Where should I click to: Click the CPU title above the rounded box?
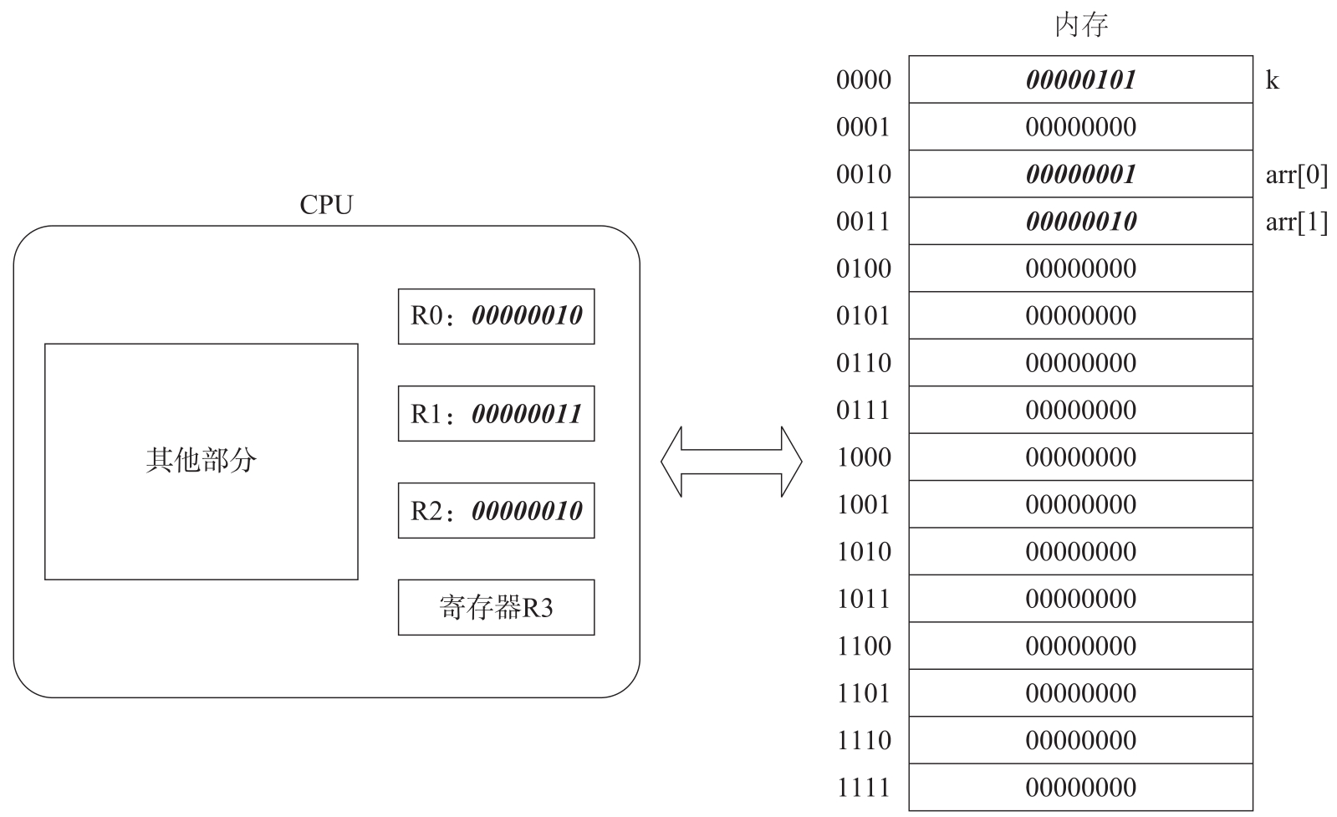[x=326, y=205]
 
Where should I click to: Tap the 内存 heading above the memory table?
[x=1081, y=25]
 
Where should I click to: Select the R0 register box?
[x=496, y=316]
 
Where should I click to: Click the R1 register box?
[x=496, y=414]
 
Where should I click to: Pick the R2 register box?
[x=496, y=510]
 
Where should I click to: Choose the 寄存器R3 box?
[x=496, y=608]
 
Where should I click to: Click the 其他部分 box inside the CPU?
[x=202, y=462]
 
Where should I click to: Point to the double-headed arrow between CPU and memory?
[x=731, y=462]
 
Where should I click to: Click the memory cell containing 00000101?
[x=1080, y=79]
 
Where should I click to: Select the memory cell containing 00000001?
[x=1080, y=174]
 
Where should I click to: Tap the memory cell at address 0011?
[x=1080, y=221]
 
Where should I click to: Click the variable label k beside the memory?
[x=1272, y=80]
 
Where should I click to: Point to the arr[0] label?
[x=1296, y=174]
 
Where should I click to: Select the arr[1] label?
[x=1296, y=222]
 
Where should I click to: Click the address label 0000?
[x=863, y=80]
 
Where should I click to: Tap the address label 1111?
[x=863, y=788]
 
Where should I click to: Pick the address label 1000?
[x=863, y=457]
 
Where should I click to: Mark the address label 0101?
[x=863, y=316]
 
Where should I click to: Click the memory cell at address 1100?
[x=1080, y=646]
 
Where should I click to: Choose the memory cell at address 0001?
[x=1080, y=126]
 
